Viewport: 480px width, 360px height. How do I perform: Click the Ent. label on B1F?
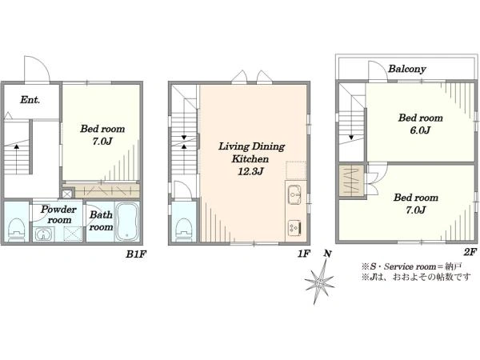tap(30, 100)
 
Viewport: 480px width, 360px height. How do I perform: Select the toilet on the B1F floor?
tap(17, 230)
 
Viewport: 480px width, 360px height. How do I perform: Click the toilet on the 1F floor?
tap(184, 230)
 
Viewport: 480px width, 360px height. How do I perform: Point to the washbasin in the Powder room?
tap(42, 234)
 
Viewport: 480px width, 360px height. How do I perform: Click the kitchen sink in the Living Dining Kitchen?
tap(294, 194)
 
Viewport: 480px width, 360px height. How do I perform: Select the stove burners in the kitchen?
tap(294, 228)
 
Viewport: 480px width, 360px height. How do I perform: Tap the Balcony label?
tap(407, 69)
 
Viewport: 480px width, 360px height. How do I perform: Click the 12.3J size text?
tap(250, 171)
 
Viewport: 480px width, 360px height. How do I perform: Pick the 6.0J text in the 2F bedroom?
tap(420, 130)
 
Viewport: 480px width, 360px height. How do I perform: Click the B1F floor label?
tap(134, 254)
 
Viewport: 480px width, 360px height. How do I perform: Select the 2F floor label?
tap(470, 252)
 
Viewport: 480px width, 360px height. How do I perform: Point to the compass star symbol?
tap(319, 282)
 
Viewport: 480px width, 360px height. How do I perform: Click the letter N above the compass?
tap(327, 254)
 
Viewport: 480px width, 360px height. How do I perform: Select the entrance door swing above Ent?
tap(38, 69)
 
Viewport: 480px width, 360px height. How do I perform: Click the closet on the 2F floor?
tap(352, 182)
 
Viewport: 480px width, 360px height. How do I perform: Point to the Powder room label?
tap(58, 214)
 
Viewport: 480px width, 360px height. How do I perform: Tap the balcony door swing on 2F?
tap(378, 71)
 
